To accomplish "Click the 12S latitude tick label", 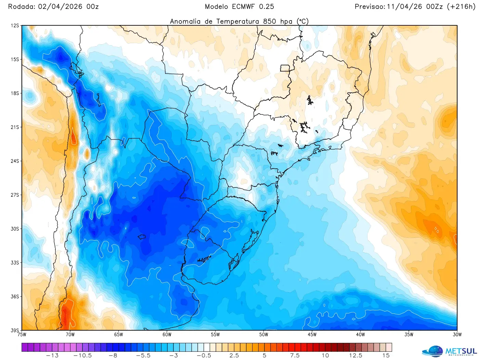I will (x=15, y=26).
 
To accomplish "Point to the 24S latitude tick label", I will (x=15, y=161).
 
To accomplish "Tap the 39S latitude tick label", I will (x=15, y=330).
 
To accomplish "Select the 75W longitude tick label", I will (x=22, y=335).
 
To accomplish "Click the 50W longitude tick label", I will (x=263, y=335).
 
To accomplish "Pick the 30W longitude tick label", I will (x=457, y=335).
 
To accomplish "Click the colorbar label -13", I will (x=52, y=356).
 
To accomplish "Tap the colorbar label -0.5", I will (x=204, y=356).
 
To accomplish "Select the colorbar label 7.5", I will (x=295, y=356).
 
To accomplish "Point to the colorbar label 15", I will (x=386, y=356).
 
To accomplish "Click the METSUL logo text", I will (x=461, y=351).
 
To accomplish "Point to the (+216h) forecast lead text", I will (x=461, y=7).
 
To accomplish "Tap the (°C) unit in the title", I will (x=302, y=21).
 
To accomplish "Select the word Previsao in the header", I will (x=370, y=7).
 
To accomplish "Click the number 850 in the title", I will (x=270, y=21).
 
